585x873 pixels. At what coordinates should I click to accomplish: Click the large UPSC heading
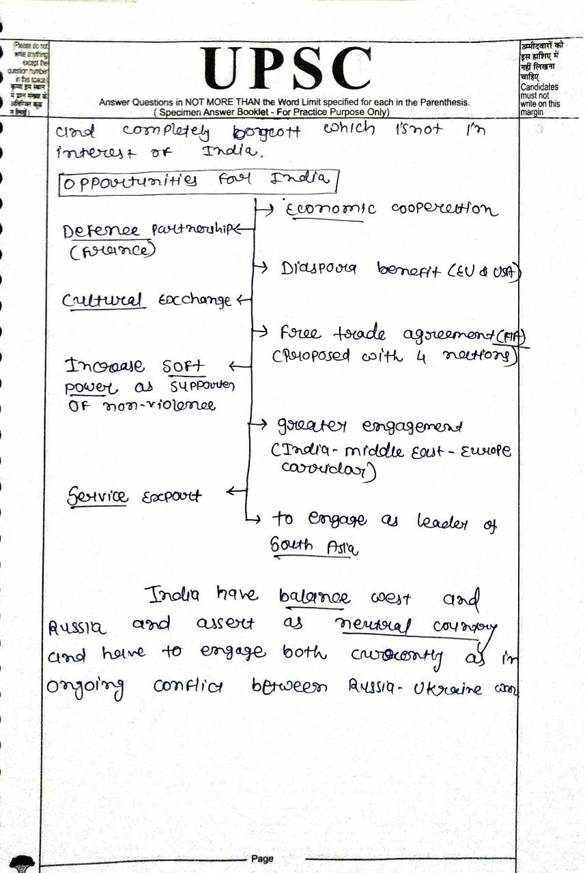coord(287,68)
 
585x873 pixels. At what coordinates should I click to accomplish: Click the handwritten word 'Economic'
coord(330,210)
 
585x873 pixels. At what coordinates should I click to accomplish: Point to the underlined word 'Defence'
coord(101,231)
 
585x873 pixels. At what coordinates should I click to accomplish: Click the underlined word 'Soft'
coord(183,366)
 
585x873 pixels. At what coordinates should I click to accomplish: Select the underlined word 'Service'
coord(98,497)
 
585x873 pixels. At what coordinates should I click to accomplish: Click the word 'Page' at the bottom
coord(262,859)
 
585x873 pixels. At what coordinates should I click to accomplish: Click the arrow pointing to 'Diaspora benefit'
coord(260,267)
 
